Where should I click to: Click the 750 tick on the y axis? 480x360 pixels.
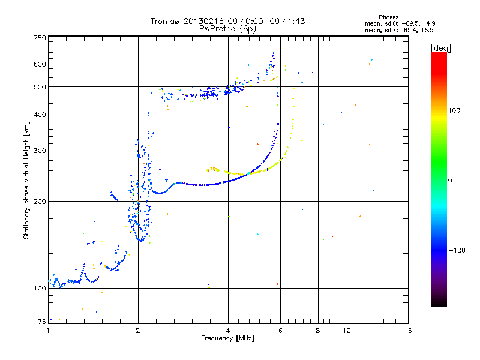40,38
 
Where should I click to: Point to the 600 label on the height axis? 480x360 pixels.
40,64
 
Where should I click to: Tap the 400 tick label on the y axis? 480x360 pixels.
40,115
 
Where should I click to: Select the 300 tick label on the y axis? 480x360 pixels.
40,151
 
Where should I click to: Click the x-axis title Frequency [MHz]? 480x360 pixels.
228,339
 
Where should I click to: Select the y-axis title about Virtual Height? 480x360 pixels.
26,180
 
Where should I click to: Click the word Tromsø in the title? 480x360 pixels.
163,21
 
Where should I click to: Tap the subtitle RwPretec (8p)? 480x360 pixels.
228,28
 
